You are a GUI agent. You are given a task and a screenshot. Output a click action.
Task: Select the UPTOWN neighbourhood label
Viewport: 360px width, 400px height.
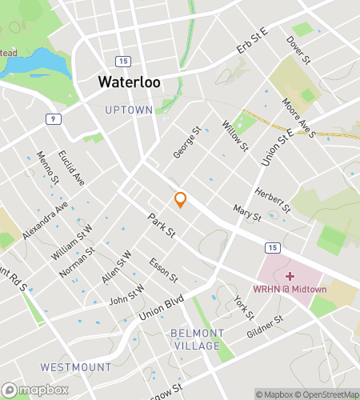click(x=128, y=109)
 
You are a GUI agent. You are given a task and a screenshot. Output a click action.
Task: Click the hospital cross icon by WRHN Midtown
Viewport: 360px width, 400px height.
click(x=290, y=276)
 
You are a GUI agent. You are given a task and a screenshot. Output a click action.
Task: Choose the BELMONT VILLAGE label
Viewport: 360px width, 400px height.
click(x=196, y=339)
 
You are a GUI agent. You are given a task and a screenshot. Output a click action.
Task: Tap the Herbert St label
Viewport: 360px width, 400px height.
click(x=271, y=200)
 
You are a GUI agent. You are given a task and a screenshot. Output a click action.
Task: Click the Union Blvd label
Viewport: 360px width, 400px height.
click(x=162, y=308)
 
